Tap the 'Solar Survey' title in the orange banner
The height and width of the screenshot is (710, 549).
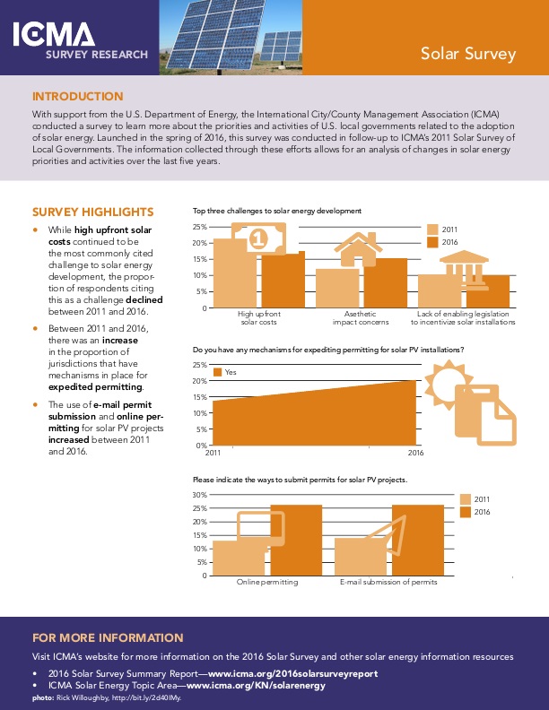pyautogui.click(x=468, y=54)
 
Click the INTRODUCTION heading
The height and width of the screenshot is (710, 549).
pyautogui.click(x=78, y=97)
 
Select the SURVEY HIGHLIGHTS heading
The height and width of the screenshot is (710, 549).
pyautogui.click(x=92, y=212)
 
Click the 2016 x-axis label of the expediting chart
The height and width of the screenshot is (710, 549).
pyautogui.click(x=415, y=454)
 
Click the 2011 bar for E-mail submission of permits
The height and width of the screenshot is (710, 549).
pyautogui.click(x=359, y=557)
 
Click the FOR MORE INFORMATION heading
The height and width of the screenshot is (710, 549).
pyautogui.click(x=107, y=638)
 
